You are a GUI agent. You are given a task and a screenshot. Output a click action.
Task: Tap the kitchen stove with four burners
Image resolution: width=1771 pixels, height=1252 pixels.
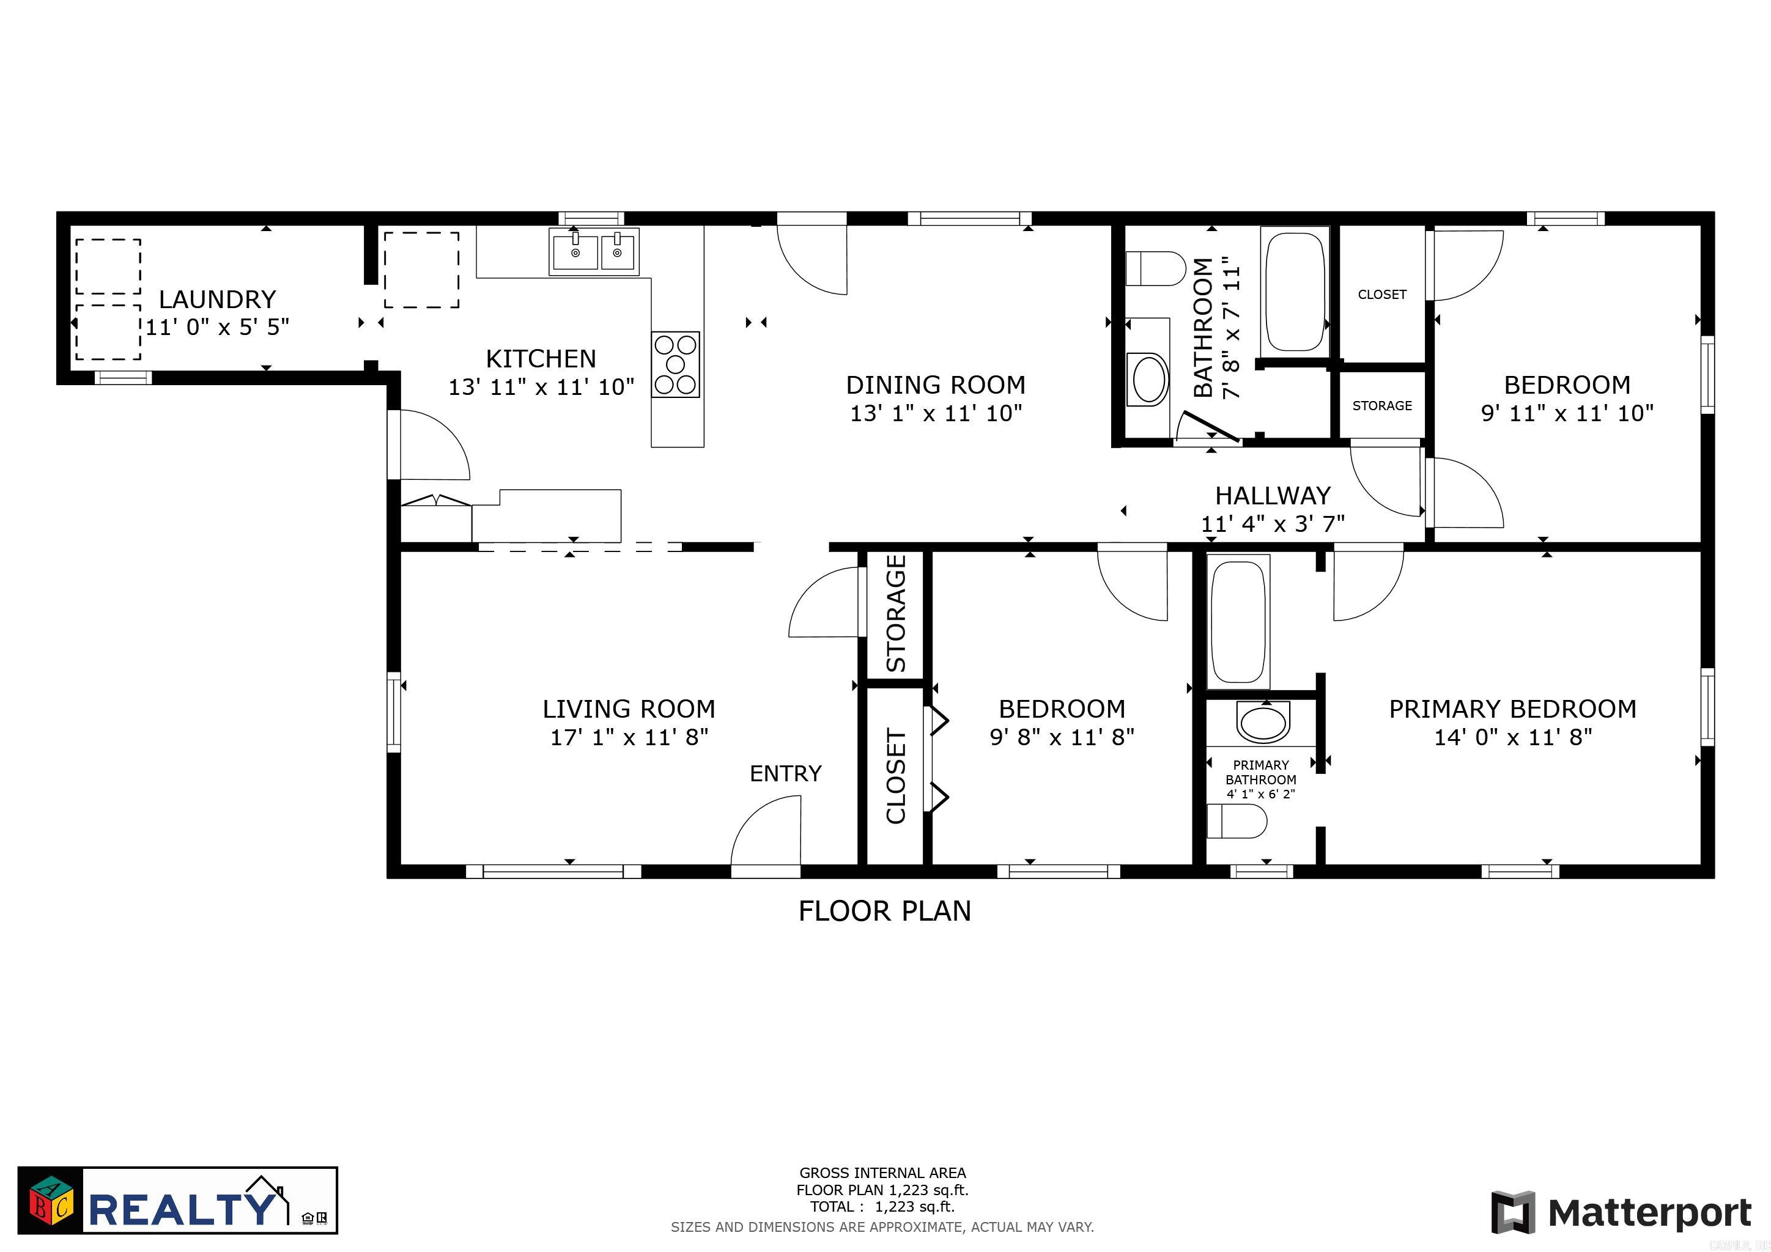tap(675, 364)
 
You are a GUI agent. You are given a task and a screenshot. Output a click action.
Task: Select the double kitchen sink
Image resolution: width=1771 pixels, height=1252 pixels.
tap(594, 251)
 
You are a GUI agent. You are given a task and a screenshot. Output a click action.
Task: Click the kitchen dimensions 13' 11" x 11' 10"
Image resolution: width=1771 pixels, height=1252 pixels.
tap(541, 387)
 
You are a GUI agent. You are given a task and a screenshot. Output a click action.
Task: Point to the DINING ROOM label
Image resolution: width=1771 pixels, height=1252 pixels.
tap(935, 385)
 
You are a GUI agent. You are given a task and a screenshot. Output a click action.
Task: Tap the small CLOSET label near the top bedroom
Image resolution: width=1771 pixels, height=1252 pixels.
tap(1381, 295)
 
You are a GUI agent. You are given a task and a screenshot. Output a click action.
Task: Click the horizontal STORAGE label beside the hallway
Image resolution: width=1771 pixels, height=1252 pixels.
tap(1381, 405)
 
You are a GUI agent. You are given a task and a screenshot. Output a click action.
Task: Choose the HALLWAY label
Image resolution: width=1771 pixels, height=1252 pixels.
tap(1273, 495)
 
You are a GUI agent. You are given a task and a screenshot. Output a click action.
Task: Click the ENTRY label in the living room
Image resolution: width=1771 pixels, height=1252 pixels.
tap(785, 773)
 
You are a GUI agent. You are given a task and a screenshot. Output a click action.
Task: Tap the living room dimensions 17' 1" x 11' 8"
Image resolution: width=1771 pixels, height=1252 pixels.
tap(629, 737)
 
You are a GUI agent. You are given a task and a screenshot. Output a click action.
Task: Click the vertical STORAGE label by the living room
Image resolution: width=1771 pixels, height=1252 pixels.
tap(895, 614)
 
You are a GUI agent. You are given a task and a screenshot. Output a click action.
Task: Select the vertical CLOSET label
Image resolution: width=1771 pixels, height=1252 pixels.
tap(895, 776)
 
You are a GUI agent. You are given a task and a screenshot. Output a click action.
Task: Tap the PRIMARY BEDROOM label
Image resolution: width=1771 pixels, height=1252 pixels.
tap(1512, 709)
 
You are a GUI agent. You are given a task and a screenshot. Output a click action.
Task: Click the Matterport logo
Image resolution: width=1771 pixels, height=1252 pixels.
tap(1621, 1213)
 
